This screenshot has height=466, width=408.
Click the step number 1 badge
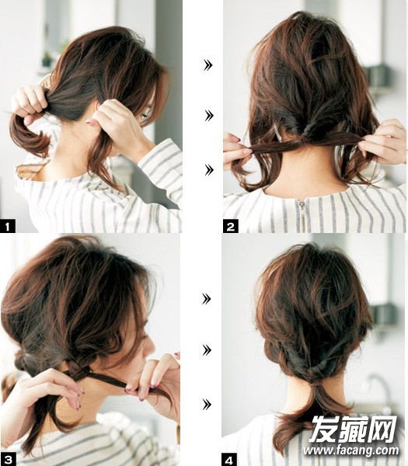[x=8, y=227]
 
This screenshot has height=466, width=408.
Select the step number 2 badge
[x=231, y=227]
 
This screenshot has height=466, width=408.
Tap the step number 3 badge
[x=8, y=460]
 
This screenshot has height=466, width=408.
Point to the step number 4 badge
[x=229, y=460]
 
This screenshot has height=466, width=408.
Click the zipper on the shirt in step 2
[x=302, y=214]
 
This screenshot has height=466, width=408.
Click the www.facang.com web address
[x=351, y=450]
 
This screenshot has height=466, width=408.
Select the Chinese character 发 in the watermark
[x=324, y=428]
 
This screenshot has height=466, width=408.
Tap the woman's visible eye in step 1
[x=145, y=115]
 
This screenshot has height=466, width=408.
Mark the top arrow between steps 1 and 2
[x=207, y=64]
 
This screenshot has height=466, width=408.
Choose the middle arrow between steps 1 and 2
[x=209, y=115]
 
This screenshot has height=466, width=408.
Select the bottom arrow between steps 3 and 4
[x=207, y=404]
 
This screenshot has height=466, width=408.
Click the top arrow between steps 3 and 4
[x=206, y=299]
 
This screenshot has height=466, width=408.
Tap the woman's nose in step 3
[x=149, y=350]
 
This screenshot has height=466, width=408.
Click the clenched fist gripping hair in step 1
[x=30, y=102]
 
